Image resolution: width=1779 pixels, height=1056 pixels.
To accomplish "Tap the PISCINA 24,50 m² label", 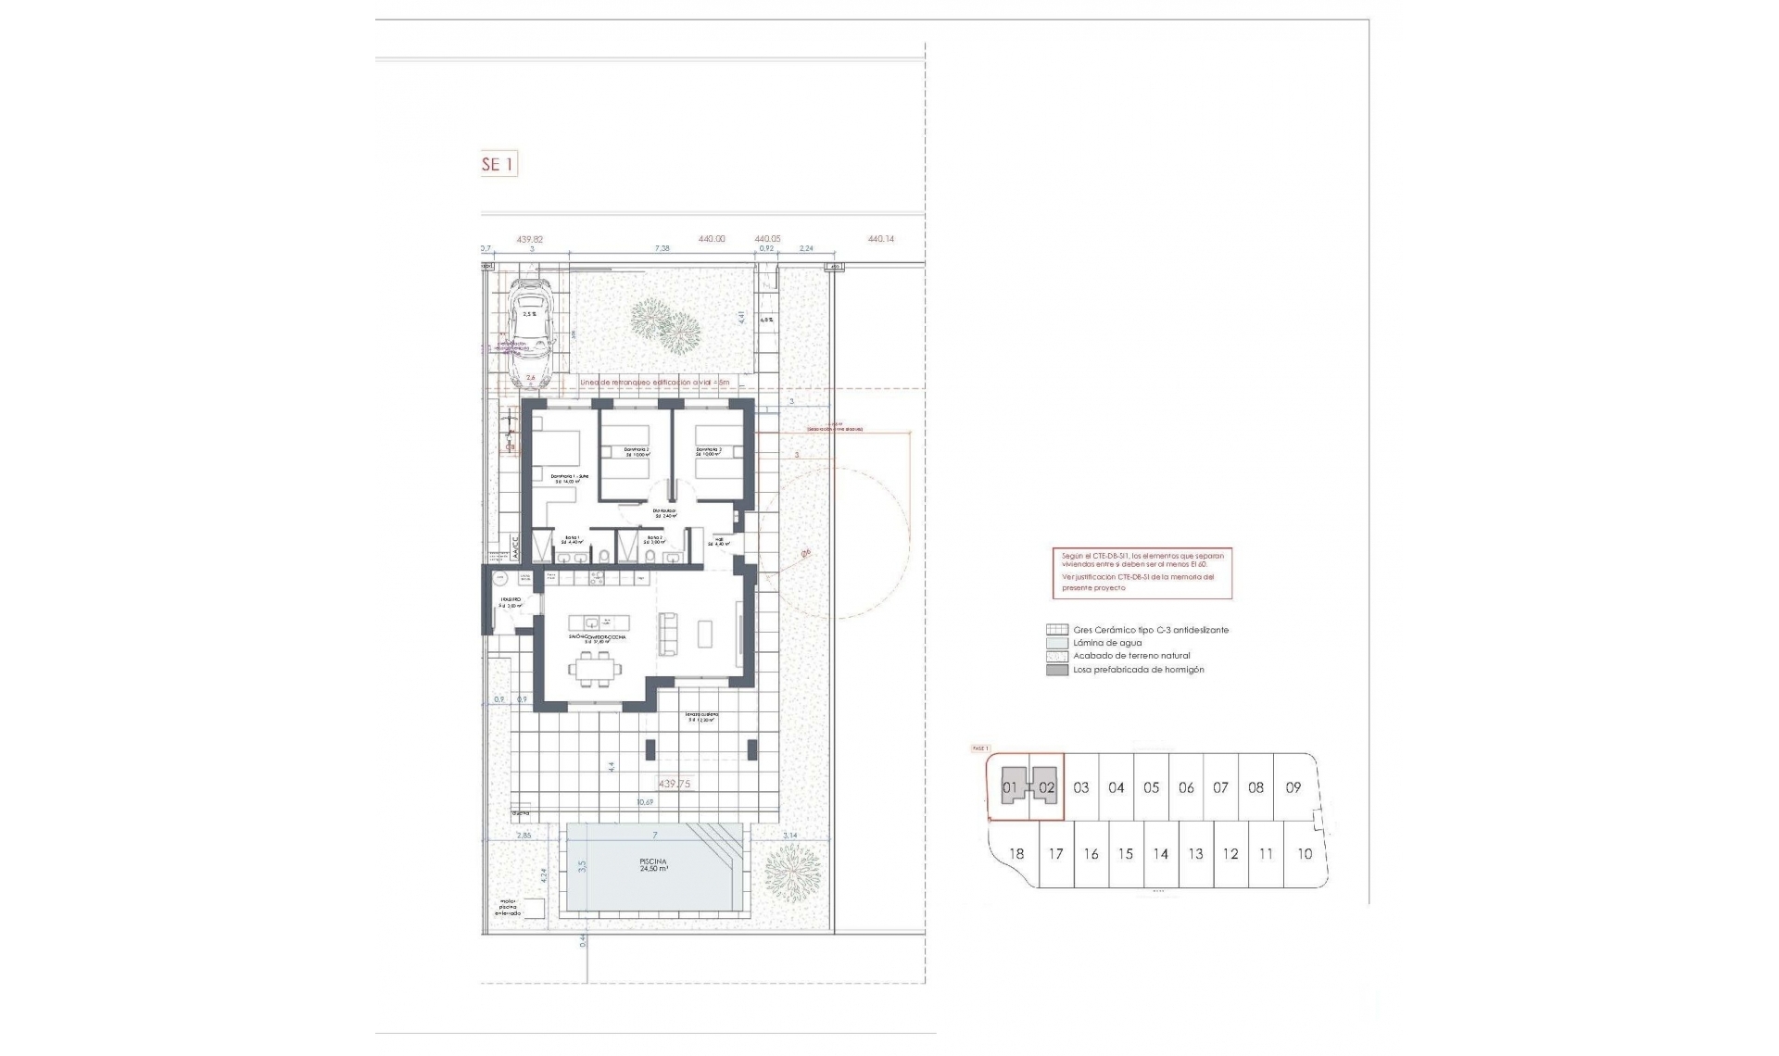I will coord(653,865).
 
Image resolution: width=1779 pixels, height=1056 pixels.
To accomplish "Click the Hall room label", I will coord(719,542).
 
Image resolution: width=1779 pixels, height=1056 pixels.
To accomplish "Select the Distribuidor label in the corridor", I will coord(663,512).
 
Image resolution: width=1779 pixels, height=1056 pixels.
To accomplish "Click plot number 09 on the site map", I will coord(1293,787).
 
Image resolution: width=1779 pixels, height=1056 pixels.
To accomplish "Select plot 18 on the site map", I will coord(1016,854).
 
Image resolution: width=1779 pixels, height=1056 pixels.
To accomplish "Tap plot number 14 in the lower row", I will coord(1160,854).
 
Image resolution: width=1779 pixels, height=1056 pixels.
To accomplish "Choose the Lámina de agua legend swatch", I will coord(1056,642).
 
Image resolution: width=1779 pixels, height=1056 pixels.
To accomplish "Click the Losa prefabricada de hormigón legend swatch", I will coord(1056,670).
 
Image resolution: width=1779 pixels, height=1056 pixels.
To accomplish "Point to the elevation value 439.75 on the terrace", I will coord(674,784).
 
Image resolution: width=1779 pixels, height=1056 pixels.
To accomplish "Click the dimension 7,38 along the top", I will coord(662,248).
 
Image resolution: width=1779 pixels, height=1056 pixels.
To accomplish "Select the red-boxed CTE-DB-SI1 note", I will coord(1142,572).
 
